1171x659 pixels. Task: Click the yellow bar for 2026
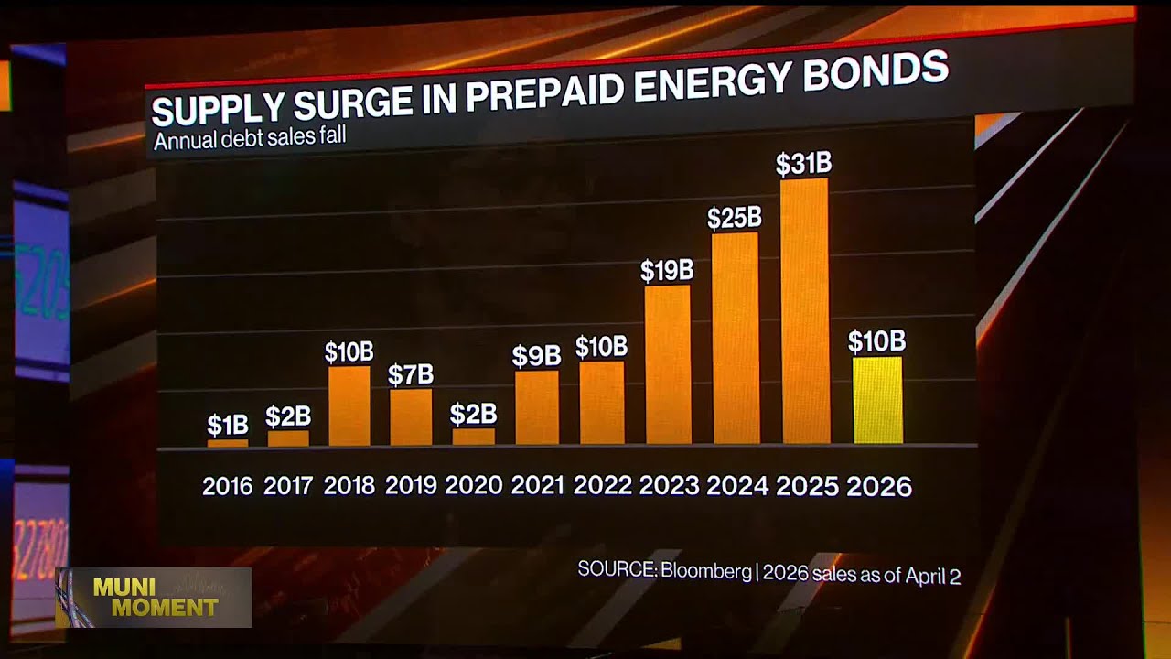tap(877, 400)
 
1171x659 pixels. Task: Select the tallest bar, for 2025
tap(805, 311)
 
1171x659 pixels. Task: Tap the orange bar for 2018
tap(349, 405)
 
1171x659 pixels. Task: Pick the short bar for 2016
tap(227, 443)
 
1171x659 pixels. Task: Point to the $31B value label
tap(803, 164)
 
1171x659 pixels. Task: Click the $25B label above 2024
tap(735, 218)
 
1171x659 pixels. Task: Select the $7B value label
tap(410, 374)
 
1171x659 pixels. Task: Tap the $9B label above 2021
tap(536, 356)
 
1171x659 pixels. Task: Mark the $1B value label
tap(227, 425)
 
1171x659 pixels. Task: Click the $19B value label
tap(666, 271)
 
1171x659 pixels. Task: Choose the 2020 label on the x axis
tap(474, 485)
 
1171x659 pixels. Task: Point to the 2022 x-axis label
tap(602, 485)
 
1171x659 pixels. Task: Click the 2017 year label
tap(288, 485)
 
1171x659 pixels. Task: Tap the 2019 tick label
tap(411, 485)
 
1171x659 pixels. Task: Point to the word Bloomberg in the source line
tap(705, 571)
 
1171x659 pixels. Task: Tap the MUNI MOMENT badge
tap(154, 597)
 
